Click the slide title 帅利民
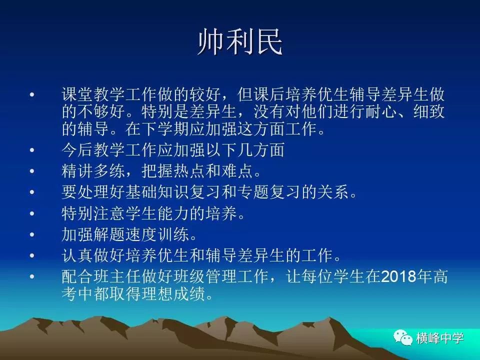(240, 42)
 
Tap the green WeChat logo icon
(402, 337)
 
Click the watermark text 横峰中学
(440, 338)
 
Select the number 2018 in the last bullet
(398, 276)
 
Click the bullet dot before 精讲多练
(32, 171)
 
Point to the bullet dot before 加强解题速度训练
(32, 234)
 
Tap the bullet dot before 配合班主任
(32, 276)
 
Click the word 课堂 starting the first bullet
(77, 94)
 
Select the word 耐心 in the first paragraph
(381, 111)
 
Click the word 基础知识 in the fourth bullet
(157, 192)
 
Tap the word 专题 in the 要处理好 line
(253, 192)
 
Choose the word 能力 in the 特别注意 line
(173, 213)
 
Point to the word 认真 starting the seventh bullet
(77, 255)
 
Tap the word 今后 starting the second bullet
(77, 149)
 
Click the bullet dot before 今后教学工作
(32, 149)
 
